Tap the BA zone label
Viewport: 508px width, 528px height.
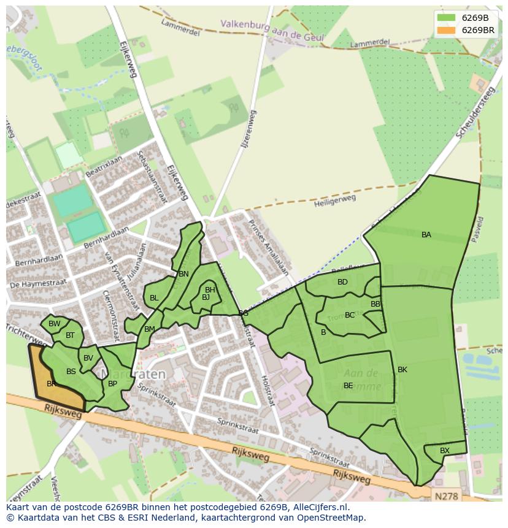tap(426, 235)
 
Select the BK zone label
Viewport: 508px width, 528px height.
tap(402, 370)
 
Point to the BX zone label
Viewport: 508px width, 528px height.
tap(445, 451)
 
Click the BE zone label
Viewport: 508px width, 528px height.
tap(348, 386)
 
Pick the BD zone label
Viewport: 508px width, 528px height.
tap(342, 282)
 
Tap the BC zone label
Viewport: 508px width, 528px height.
tap(350, 315)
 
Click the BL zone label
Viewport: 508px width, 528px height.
tap(154, 298)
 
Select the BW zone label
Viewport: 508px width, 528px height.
tap(55, 324)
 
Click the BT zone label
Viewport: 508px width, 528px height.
tap(70, 335)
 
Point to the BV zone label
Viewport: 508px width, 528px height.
tap(88, 358)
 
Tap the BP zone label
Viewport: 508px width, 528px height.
tap(112, 384)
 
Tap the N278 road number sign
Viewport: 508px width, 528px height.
tap(448, 495)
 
